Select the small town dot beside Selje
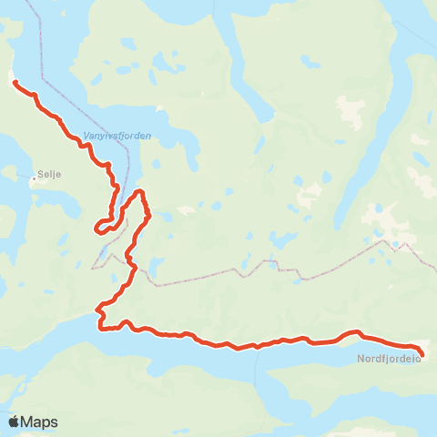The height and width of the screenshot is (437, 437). point(33,178)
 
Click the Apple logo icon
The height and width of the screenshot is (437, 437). point(14,422)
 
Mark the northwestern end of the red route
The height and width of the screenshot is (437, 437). point(15,83)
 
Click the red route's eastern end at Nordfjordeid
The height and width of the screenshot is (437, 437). point(422,353)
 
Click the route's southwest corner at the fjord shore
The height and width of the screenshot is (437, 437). point(99,327)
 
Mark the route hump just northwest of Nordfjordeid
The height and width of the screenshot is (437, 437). point(356,333)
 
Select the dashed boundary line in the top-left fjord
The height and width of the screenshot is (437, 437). point(41,36)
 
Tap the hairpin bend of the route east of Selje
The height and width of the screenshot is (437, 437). point(97,228)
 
